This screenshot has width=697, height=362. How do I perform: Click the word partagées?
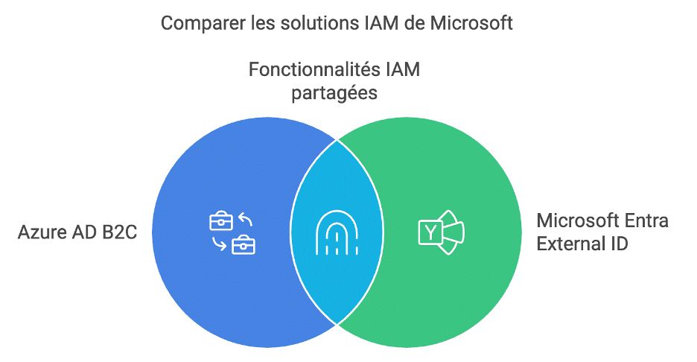334,93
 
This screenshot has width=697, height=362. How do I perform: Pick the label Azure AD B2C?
77,232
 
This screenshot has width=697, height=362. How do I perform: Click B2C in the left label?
119,232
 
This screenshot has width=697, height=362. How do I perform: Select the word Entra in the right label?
646,220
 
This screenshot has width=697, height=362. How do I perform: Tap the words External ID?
582,244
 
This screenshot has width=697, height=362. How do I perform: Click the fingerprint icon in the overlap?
337,232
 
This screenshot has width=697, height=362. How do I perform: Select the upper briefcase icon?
221,221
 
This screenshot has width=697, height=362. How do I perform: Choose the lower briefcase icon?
244,244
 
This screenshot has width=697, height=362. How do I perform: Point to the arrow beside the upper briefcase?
246,219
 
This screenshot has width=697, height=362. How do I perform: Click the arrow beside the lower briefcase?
219,244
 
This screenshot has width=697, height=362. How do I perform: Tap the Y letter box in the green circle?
430,232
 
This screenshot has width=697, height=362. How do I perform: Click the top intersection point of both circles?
337,140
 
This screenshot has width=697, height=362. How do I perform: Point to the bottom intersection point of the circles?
337,325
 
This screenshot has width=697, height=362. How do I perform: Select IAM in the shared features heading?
402,69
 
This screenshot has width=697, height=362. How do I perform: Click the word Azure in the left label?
39,232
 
